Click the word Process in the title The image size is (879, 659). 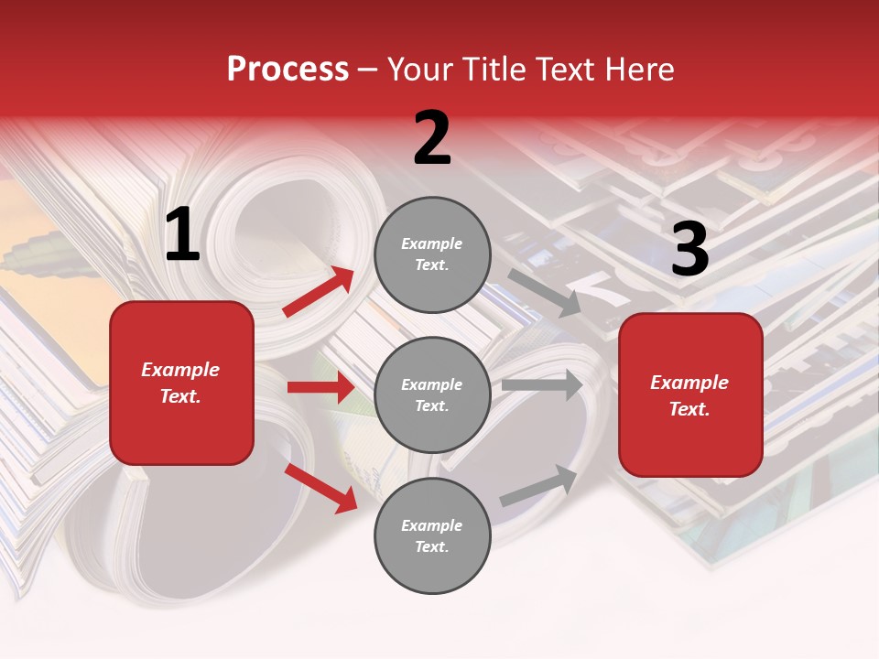(288, 70)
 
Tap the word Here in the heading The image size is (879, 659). (639, 70)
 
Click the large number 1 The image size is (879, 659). (182, 235)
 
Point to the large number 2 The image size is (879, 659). (432, 138)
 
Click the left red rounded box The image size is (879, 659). (181, 383)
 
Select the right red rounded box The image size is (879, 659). (690, 395)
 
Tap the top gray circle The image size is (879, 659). (432, 254)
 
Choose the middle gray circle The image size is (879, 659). (432, 394)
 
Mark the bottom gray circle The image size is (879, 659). (432, 535)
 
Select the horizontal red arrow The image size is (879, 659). (320, 387)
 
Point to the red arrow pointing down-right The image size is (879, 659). (321, 488)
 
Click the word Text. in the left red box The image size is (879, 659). (180, 396)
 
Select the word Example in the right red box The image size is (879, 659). (689, 383)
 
